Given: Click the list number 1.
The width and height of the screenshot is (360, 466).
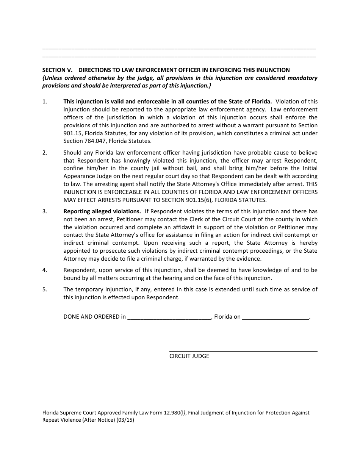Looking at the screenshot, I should (x=45, y=102).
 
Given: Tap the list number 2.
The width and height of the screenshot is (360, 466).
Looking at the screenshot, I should (x=45, y=153).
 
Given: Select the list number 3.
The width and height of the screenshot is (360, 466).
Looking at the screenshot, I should (x=45, y=211).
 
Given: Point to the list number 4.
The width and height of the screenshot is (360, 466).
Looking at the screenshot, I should (x=45, y=270).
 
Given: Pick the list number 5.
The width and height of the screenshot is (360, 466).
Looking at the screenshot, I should (x=45, y=289).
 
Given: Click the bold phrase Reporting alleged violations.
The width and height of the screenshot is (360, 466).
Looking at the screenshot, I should (x=102, y=211).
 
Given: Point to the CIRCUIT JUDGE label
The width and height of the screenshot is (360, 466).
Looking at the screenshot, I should (x=189, y=356).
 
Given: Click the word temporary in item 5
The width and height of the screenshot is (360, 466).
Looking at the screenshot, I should (x=89, y=289).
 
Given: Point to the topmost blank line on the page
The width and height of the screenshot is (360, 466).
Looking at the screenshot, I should (x=179, y=49).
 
